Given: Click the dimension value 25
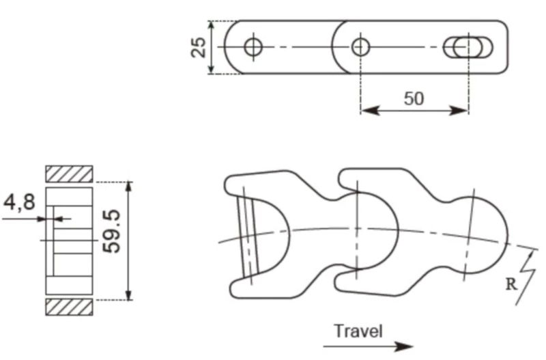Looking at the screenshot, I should point(199,47).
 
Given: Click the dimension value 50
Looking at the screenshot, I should point(414,98).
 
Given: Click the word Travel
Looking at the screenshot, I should point(358,331).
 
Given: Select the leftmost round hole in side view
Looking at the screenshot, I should point(254,46).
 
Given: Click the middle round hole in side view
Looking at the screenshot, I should point(360,46).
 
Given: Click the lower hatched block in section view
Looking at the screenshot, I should point(69,307).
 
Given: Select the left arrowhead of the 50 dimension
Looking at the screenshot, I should point(366,110).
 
